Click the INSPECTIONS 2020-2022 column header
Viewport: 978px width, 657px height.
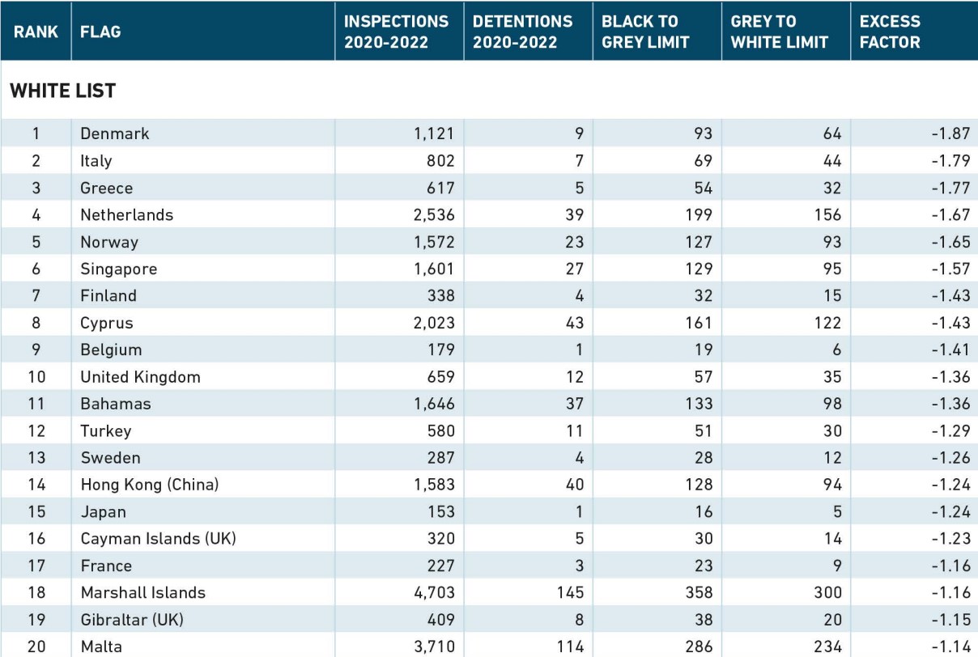click(396, 32)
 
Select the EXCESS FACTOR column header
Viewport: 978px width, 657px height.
click(890, 32)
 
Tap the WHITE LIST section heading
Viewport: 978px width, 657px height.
click(63, 91)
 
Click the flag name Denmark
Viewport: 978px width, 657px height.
click(114, 134)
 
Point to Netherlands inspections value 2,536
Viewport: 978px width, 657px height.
click(434, 214)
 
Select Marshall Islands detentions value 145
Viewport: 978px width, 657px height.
click(570, 592)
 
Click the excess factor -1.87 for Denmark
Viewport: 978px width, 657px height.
click(950, 134)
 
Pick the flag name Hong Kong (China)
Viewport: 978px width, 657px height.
click(149, 485)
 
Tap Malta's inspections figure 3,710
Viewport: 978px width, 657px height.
click(434, 646)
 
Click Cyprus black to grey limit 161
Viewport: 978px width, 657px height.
click(699, 323)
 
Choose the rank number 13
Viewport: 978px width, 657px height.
click(36, 458)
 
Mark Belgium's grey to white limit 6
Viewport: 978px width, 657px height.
click(836, 350)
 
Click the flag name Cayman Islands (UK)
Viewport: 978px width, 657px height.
click(158, 539)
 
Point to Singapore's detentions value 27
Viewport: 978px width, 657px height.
click(575, 269)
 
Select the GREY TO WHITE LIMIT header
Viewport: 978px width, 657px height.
click(780, 32)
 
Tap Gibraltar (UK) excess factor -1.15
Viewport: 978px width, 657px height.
click(950, 620)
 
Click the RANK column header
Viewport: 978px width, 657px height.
click(36, 32)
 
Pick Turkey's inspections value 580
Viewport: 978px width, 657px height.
click(441, 431)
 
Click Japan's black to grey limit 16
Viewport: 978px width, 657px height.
click(704, 511)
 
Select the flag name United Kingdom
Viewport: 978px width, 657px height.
click(140, 377)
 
